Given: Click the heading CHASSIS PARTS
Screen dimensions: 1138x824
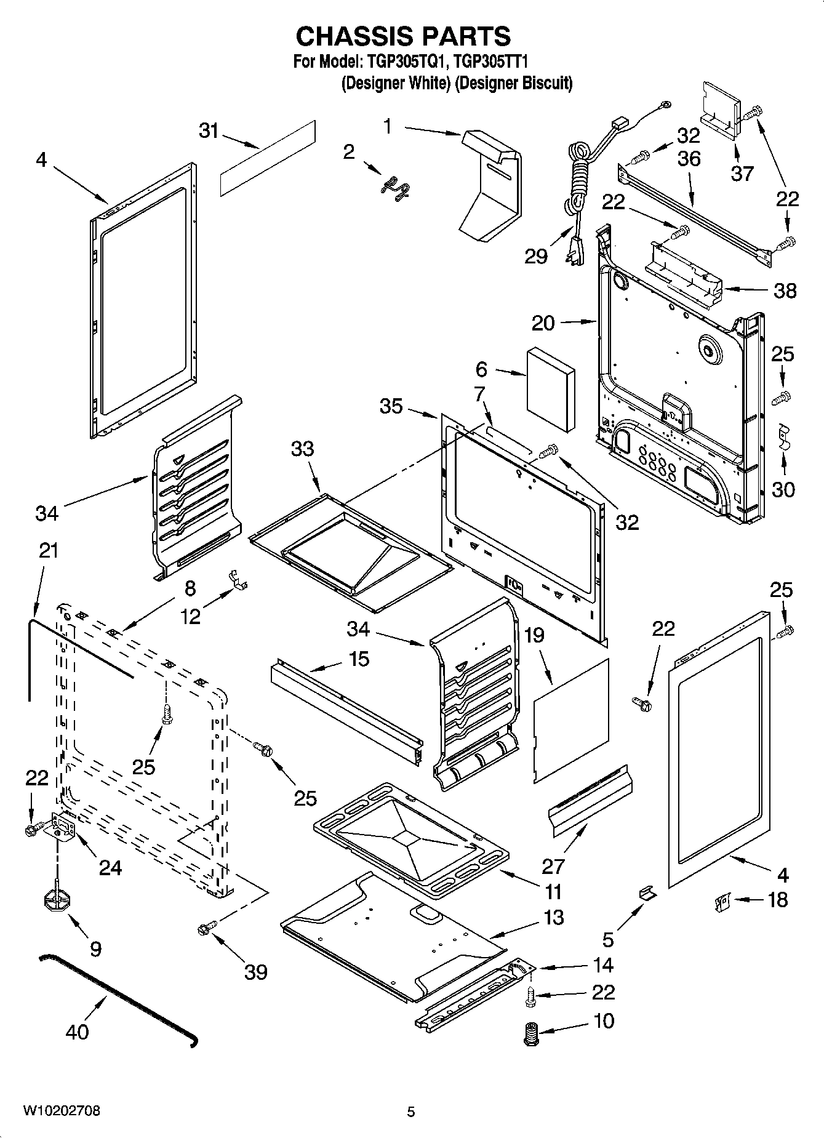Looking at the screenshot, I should click(x=403, y=36).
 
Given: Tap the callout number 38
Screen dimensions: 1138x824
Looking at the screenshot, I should click(x=785, y=291).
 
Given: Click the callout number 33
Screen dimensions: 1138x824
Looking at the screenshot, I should click(x=302, y=449).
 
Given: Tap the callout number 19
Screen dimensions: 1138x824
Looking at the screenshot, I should click(x=534, y=635).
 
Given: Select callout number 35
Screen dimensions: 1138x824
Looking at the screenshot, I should click(x=391, y=406).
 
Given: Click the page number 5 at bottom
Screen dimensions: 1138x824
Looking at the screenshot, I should click(x=411, y=1112).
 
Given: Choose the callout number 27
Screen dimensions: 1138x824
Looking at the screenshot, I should click(x=553, y=866).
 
